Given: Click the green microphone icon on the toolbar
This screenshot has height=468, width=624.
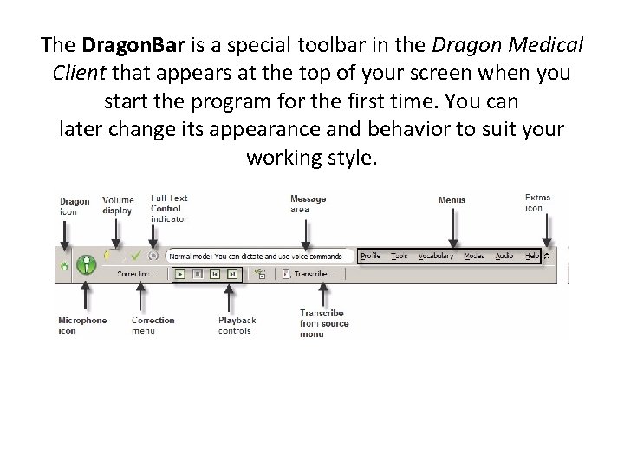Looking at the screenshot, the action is coord(86,264).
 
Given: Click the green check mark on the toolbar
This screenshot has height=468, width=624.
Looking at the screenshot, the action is coord(135,256).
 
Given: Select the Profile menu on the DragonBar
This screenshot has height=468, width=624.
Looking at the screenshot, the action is coord(371,256).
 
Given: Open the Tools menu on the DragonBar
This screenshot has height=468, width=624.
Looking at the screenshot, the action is coord(399,256).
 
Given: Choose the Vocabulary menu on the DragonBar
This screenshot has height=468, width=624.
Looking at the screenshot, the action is coord(435,256).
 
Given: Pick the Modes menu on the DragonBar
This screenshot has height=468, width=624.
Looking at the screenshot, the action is coord(474,256).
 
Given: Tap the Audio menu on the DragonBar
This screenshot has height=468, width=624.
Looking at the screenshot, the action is coord(504,256).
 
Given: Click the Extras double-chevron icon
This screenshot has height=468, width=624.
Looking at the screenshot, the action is coord(546,256).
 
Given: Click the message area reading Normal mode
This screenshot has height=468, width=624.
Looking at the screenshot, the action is coord(256,256).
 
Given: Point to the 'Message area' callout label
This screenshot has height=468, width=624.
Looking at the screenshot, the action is coord(308,204).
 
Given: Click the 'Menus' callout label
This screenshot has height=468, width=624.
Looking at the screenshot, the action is coord(452,200).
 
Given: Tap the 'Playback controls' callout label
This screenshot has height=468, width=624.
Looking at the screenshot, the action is coord(237,325).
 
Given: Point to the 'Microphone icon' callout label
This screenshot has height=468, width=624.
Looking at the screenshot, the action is coord(82,325).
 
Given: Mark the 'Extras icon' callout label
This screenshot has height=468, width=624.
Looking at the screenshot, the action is coord(537,203).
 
